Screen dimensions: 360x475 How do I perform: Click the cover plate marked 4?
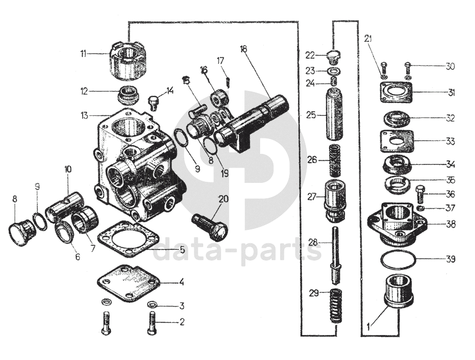point(128,282)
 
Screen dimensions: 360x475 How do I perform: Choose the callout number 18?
point(243,49)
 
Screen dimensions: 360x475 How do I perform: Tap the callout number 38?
point(449,224)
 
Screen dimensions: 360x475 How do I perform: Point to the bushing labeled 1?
point(399,291)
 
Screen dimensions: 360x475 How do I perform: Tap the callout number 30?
point(449,66)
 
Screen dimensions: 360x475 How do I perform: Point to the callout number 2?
point(181,322)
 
